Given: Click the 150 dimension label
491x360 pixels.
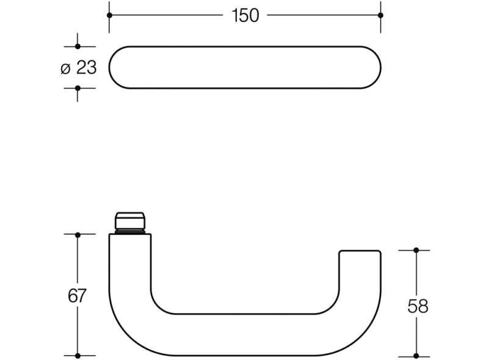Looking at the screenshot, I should click(x=245, y=16).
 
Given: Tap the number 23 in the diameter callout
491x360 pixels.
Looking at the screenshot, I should click(x=86, y=68).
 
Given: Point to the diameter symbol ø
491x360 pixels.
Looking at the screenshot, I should click(x=66, y=68).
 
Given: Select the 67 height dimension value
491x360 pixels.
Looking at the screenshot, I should click(x=77, y=296).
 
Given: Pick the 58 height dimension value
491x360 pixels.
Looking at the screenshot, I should click(x=418, y=306).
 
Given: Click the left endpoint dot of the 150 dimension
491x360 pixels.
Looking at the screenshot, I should click(x=109, y=15).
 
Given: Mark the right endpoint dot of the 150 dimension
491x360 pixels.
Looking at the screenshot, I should click(x=380, y=15).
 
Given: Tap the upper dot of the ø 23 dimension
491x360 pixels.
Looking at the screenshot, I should click(x=78, y=46).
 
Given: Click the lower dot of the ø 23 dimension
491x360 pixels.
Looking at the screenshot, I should click(x=78, y=88).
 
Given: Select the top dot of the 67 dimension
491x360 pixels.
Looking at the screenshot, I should click(x=78, y=234).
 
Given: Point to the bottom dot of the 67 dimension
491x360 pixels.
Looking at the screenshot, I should click(x=78, y=355).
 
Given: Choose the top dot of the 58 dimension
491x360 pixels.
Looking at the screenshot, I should click(x=416, y=250).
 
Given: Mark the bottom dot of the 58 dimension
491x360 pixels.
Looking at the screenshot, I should click(x=416, y=355).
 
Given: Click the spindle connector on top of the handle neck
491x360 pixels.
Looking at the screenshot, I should click(x=130, y=223).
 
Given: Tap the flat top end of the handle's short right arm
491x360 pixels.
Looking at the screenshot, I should click(x=360, y=251).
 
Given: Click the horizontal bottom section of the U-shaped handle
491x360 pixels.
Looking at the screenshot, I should click(x=244, y=334).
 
